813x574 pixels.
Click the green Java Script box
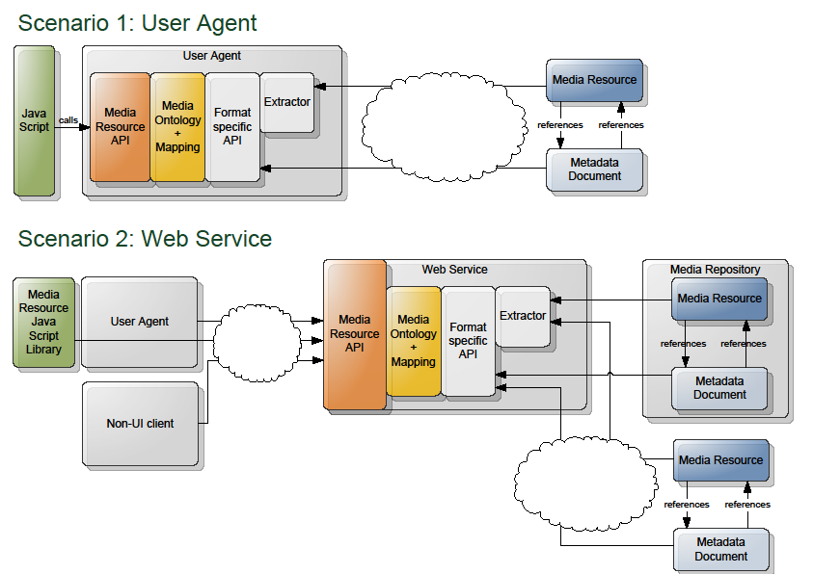tap(35, 120)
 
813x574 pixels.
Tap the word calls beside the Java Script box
tap(68, 119)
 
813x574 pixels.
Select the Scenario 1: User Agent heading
tap(137, 22)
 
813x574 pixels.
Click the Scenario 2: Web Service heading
tap(145, 238)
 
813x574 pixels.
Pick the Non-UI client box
tap(140, 423)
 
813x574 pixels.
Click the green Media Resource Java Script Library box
tap(43, 322)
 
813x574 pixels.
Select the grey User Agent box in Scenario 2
tap(140, 322)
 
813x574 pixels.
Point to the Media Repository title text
tap(715, 270)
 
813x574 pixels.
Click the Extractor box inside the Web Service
tap(522, 316)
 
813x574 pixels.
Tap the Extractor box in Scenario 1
tap(287, 102)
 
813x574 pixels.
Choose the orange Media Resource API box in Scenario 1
tap(121, 127)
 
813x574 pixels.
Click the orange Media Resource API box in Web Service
tap(355, 334)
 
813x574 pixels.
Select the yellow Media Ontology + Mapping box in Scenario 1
tap(177, 127)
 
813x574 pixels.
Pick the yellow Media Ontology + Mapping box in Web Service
tap(414, 341)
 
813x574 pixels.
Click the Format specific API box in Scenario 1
tap(232, 127)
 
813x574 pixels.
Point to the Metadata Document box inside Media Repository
tap(719, 387)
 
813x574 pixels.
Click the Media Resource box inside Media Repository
tap(719, 299)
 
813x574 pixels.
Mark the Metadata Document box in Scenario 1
tap(594, 170)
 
